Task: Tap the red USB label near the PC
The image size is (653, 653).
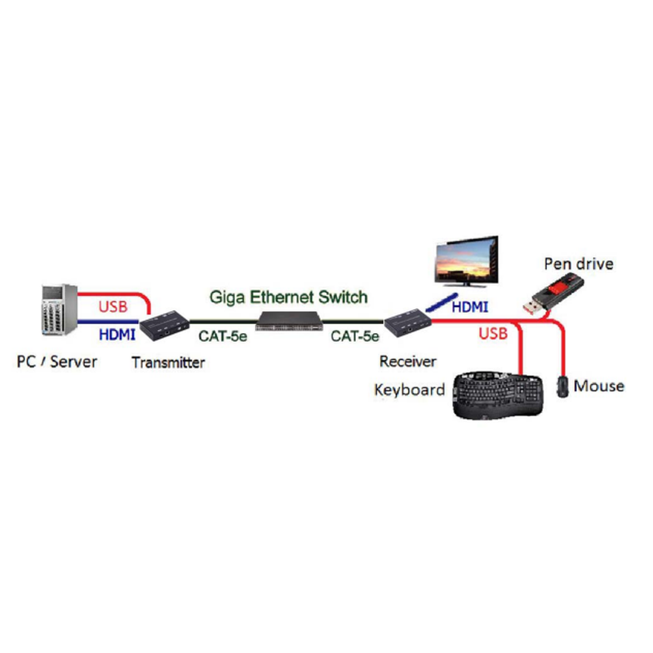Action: point(113,308)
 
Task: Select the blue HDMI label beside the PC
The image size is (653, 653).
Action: point(116,334)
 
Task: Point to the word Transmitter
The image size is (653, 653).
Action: point(168,362)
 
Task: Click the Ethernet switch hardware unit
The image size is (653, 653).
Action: point(291,320)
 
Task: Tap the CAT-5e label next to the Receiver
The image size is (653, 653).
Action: point(355,335)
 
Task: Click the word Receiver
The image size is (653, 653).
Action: point(407,361)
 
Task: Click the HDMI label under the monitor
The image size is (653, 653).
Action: point(469,308)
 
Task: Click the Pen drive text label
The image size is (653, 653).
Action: point(578,264)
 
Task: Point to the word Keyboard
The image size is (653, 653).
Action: point(410,389)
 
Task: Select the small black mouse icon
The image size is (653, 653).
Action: point(562,386)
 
